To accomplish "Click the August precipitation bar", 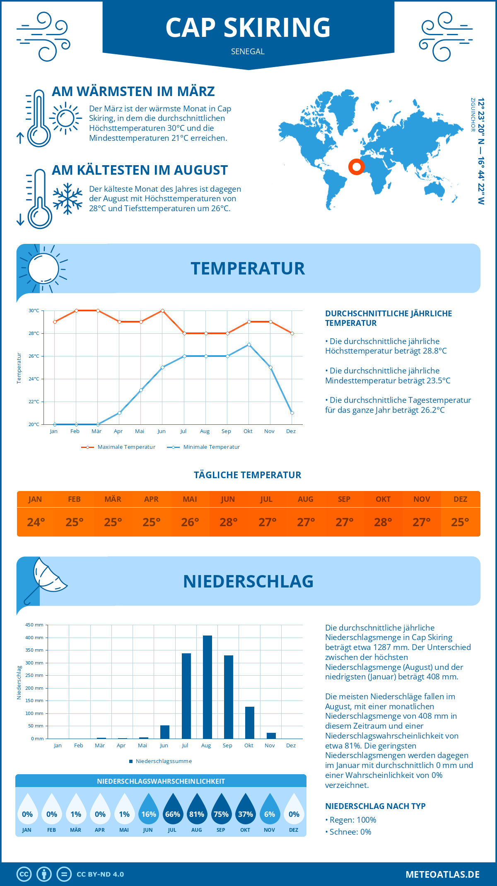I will (207, 687).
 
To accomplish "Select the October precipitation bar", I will (249, 722).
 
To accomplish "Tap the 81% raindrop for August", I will (197, 811).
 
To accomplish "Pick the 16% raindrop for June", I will (148, 811).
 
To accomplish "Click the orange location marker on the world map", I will (356, 167).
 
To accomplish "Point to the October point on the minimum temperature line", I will (249, 344).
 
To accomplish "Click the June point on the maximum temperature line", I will (162, 311).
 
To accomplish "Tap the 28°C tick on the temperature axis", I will (34, 333).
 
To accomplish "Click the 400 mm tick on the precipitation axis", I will (34, 638).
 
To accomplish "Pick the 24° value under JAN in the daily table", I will (36, 522).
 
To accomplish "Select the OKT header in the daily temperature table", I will (383, 499).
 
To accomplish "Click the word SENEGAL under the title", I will (248, 51).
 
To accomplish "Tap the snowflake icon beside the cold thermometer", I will (68, 199).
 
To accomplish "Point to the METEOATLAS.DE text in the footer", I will (442, 874).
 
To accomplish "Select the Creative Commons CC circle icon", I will (24, 874).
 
